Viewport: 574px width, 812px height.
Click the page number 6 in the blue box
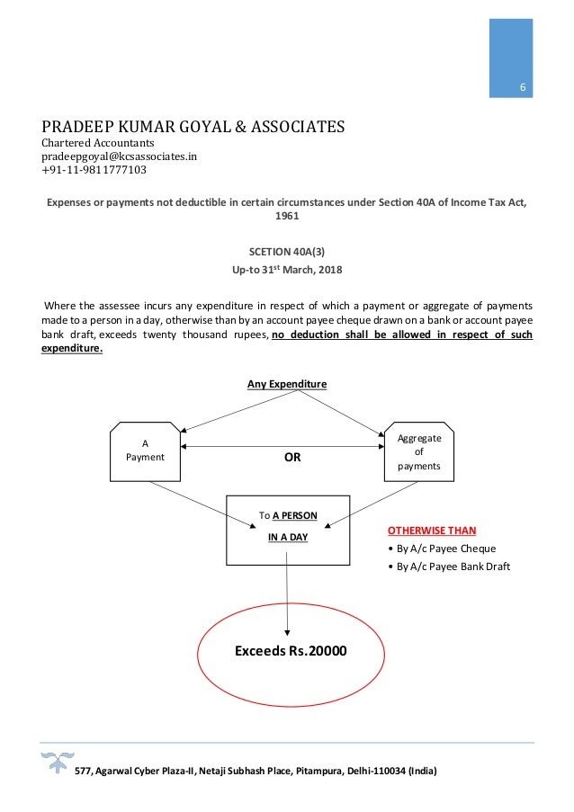[x=522, y=87]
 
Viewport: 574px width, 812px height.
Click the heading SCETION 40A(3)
[x=287, y=251]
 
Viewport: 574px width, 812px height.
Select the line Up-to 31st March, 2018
[x=287, y=270]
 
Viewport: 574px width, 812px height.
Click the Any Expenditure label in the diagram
[x=287, y=384]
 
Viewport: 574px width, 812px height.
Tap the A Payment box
[x=145, y=450]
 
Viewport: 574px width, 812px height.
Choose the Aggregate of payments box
[x=419, y=451]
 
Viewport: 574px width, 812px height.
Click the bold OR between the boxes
[x=292, y=457]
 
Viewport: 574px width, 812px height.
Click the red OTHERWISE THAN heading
[x=432, y=531]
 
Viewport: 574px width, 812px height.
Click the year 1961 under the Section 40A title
[x=287, y=217]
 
